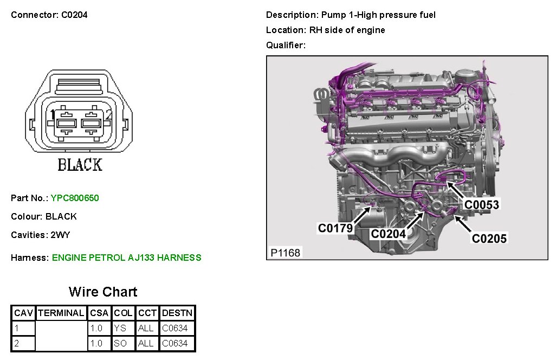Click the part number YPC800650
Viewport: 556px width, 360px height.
(x=75, y=198)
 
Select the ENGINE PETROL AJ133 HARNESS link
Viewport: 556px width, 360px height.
(x=126, y=258)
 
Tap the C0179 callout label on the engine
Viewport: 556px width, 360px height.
(x=335, y=228)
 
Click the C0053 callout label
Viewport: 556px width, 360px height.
(x=482, y=204)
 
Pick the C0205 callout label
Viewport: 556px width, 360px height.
(x=489, y=238)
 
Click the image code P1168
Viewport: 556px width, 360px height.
(x=285, y=253)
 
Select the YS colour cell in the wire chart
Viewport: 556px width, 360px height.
(x=120, y=328)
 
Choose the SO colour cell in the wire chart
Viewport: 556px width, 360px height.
(x=120, y=343)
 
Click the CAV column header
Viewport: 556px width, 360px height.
(x=23, y=313)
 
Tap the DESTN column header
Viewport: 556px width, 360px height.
(x=176, y=313)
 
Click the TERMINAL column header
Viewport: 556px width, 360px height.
(x=61, y=313)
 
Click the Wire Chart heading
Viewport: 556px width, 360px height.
(x=103, y=292)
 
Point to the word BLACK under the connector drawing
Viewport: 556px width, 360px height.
(x=80, y=164)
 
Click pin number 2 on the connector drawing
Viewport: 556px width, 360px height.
(x=108, y=115)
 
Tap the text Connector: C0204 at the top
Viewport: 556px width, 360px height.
(x=49, y=15)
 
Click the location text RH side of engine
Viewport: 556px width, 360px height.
(x=347, y=30)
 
